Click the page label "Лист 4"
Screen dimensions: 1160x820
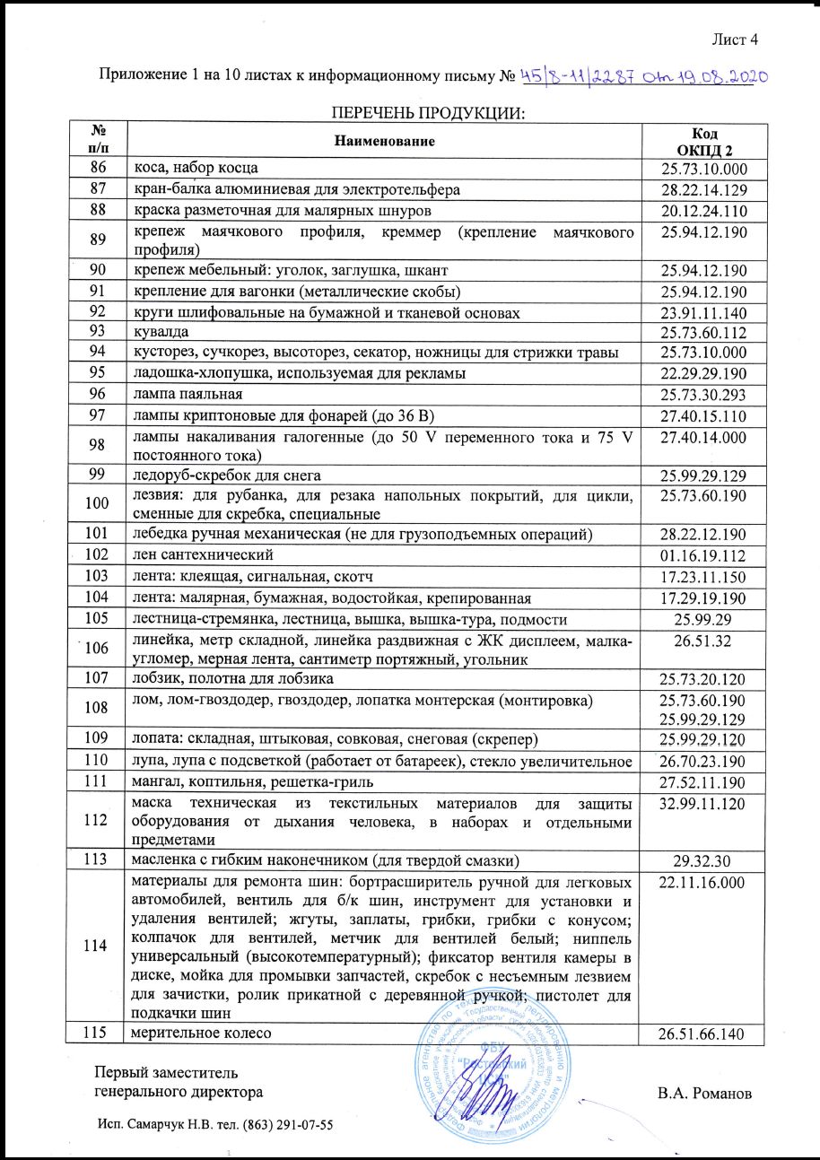pyautogui.click(x=735, y=39)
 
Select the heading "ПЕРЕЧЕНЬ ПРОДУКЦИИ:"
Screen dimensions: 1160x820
pyautogui.click(x=427, y=113)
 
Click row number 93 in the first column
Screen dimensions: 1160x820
pyautogui.click(x=98, y=332)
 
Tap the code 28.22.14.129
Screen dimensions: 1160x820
pyautogui.click(x=704, y=190)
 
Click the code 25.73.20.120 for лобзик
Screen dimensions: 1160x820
pyautogui.click(x=704, y=678)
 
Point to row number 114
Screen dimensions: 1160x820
pyautogui.click(x=98, y=946)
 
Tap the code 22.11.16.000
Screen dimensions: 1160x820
pyautogui.click(x=704, y=884)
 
